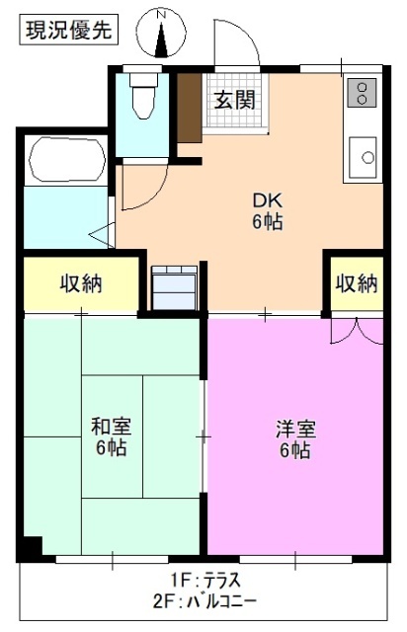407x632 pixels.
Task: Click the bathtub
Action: click(65, 159)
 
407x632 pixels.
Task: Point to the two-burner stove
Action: click(362, 93)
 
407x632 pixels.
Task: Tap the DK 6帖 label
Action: click(267, 209)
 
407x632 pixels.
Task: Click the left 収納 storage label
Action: click(79, 284)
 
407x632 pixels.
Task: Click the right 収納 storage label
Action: click(356, 283)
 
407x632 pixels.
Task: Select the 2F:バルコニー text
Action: click(204, 600)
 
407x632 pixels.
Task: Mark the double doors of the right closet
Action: click(355, 329)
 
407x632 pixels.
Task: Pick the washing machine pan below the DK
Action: click(174, 287)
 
